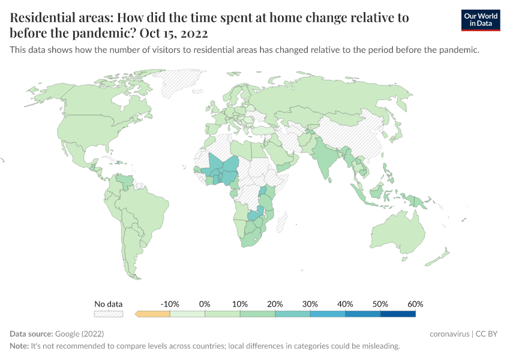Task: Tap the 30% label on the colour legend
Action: click(x=310, y=304)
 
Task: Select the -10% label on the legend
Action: click(x=170, y=304)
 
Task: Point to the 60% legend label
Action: click(x=415, y=304)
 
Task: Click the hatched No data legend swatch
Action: click(x=108, y=313)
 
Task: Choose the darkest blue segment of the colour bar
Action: click(x=398, y=313)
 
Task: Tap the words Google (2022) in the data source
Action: click(x=80, y=334)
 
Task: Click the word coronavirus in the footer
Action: click(x=450, y=334)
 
